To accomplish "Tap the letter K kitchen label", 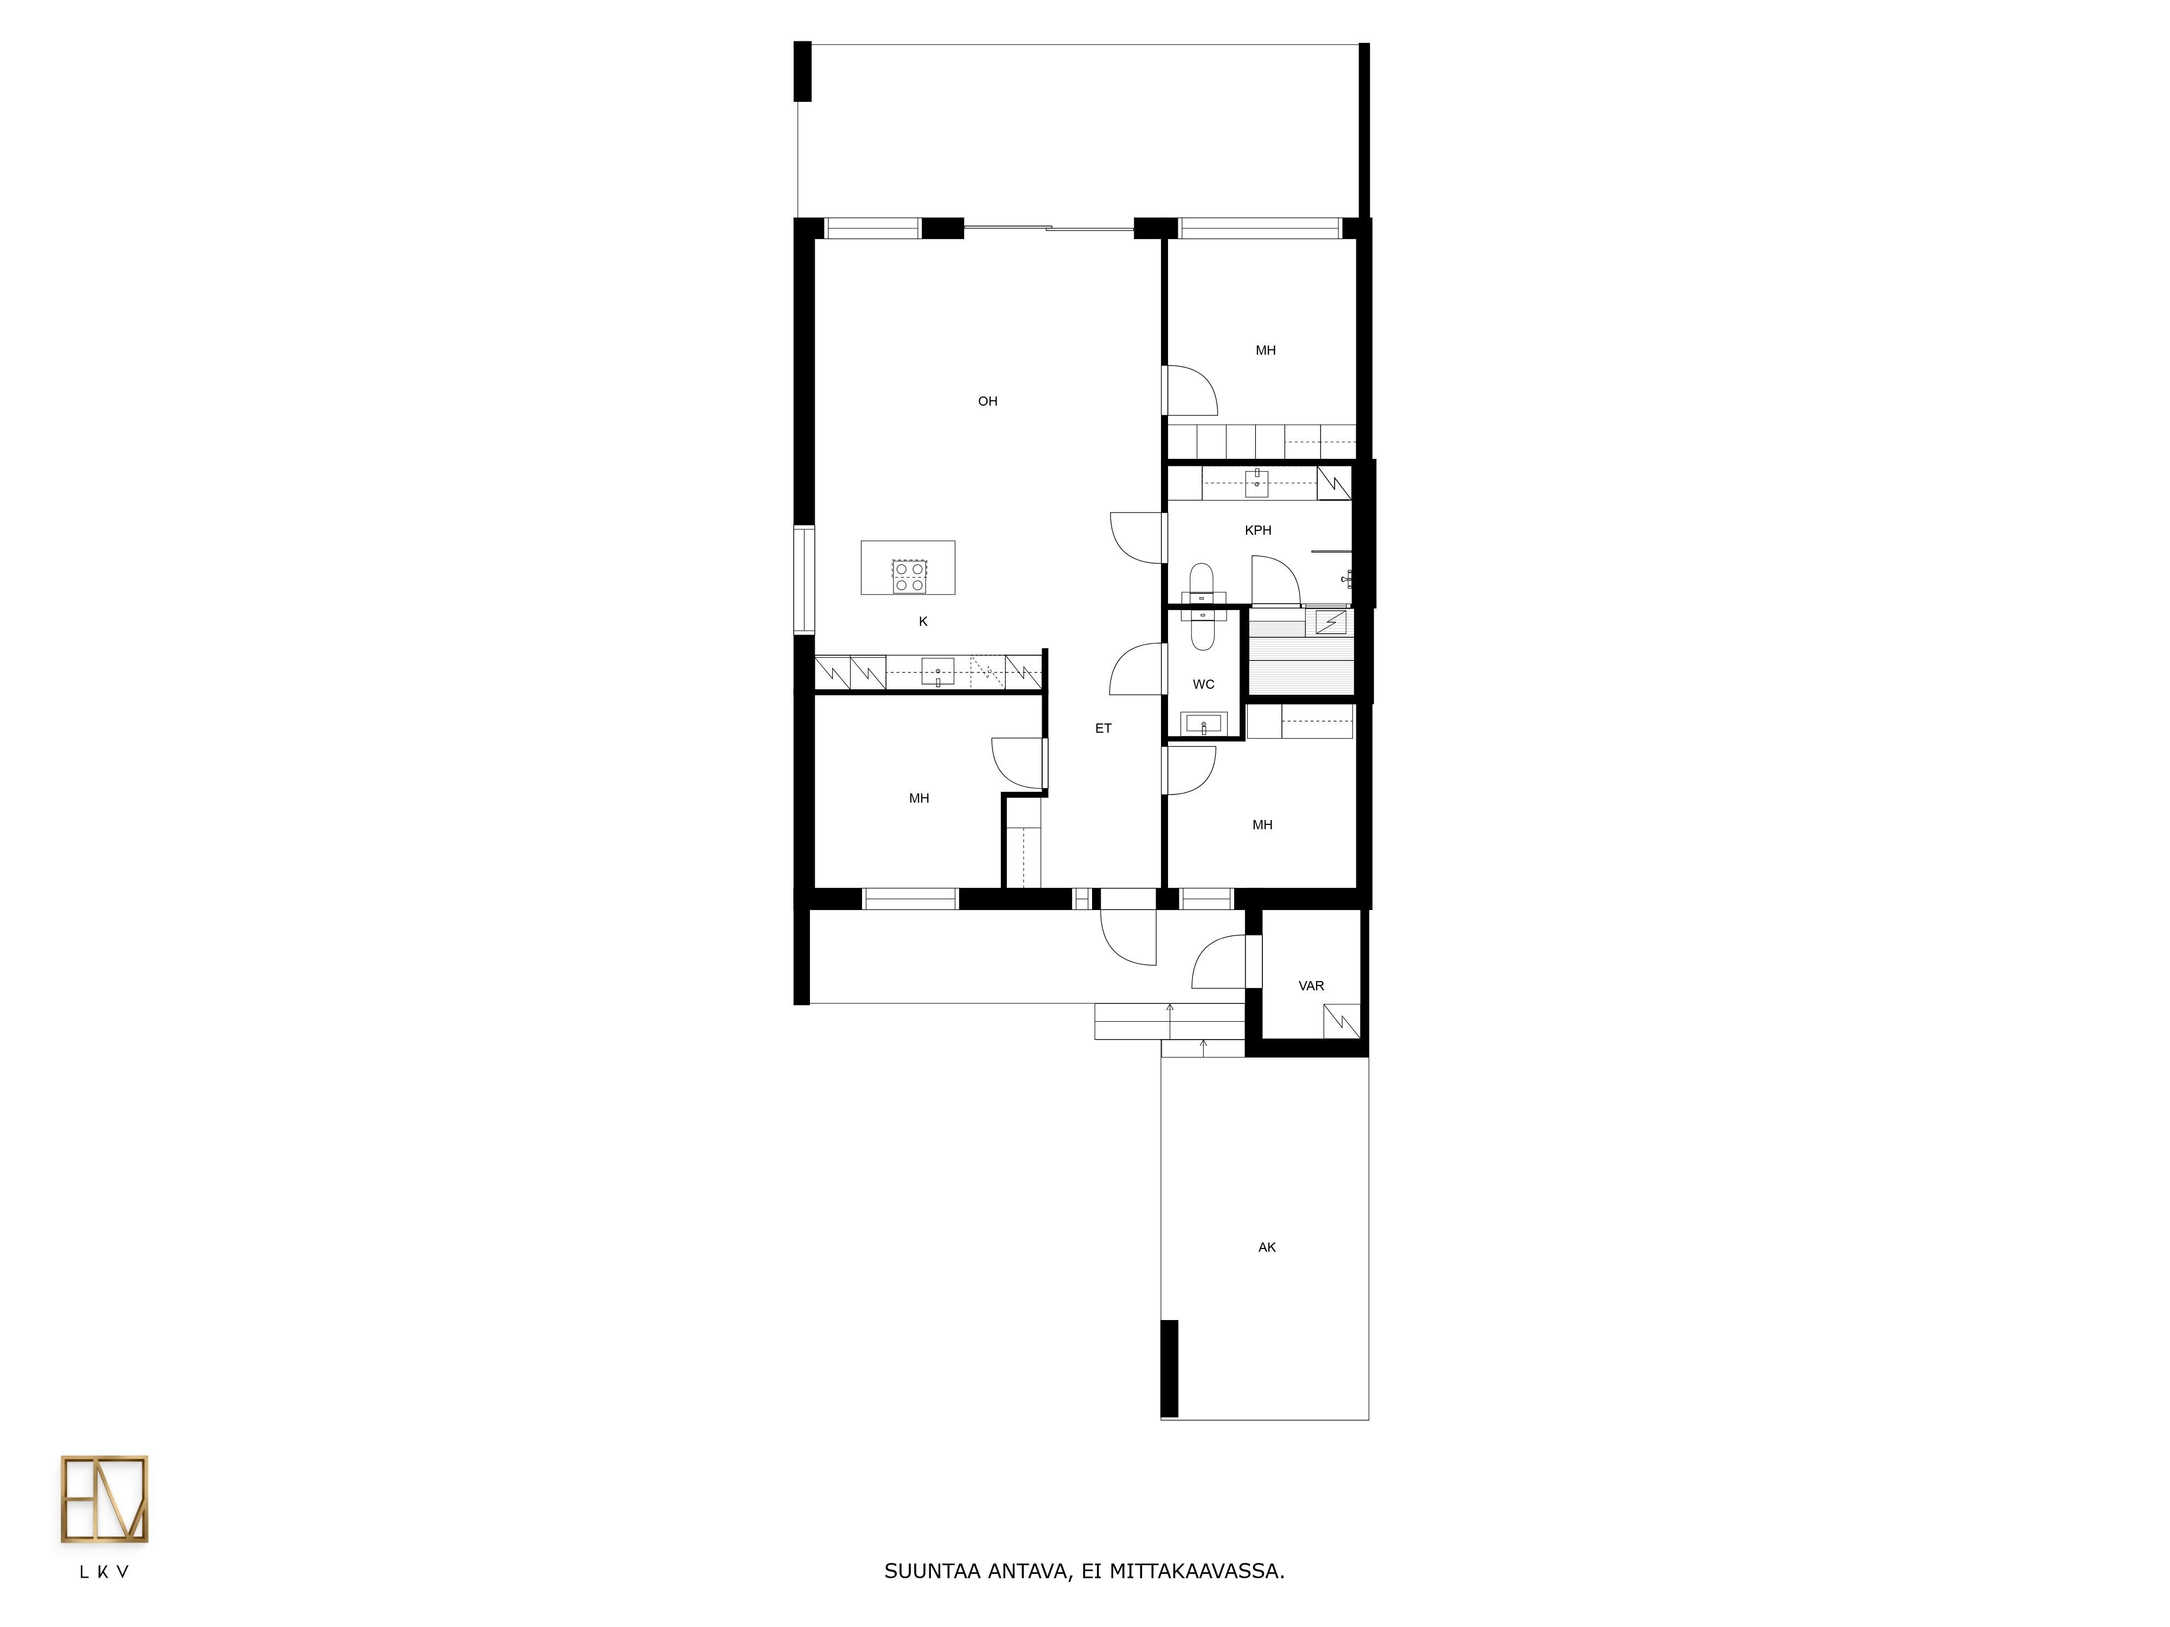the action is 923,622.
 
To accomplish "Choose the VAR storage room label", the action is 1312,985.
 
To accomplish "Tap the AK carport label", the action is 1267,1247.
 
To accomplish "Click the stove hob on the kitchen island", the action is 909,575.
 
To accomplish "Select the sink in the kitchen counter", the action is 938,672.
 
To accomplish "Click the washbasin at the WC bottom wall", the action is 1204,724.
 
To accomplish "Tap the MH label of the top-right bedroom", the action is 1266,350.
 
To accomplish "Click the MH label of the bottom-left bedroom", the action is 919,798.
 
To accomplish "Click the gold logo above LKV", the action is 104,1500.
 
